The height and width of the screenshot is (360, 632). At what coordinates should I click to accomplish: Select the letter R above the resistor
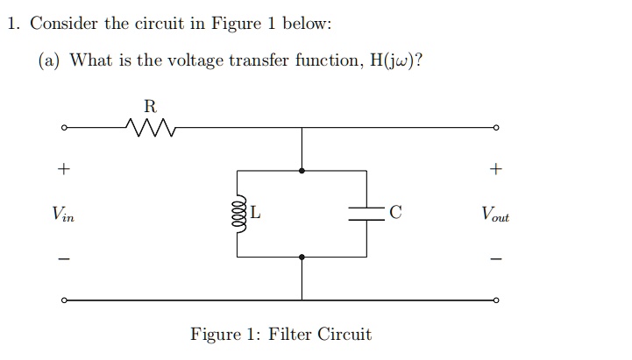[x=150, y=107]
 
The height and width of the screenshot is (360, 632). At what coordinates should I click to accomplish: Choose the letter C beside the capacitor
[x=395, y=212]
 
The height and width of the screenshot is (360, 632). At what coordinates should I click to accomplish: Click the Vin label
[x=63, y=213]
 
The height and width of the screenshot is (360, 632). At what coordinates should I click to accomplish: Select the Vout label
[x=494, y=213]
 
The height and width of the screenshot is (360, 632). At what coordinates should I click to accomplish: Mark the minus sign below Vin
[x=63, y=258]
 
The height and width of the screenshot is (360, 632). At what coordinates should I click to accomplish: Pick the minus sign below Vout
[x=496, y=258]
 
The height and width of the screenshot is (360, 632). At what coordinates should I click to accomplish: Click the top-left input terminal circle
[x=64, y=129]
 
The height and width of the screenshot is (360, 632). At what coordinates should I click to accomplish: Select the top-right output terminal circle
[x=497, y=129]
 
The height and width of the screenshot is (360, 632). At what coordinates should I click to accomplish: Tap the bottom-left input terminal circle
[x=64, y=300]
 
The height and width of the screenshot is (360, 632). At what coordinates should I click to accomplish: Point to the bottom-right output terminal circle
[x=497, y=300]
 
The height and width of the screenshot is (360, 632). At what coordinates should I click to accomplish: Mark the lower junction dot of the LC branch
[x=302, y=257]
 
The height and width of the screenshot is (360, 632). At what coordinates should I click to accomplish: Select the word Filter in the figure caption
[x=292, y=335]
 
